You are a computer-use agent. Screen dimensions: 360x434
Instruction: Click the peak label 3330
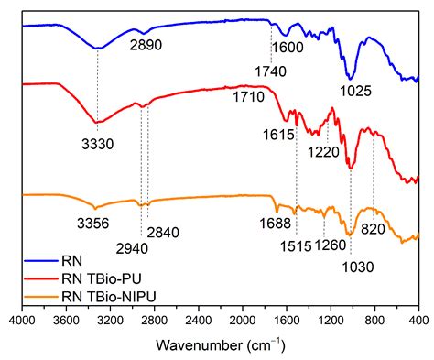point(96,143)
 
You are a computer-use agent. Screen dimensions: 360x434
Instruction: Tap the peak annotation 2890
point(147,43)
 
